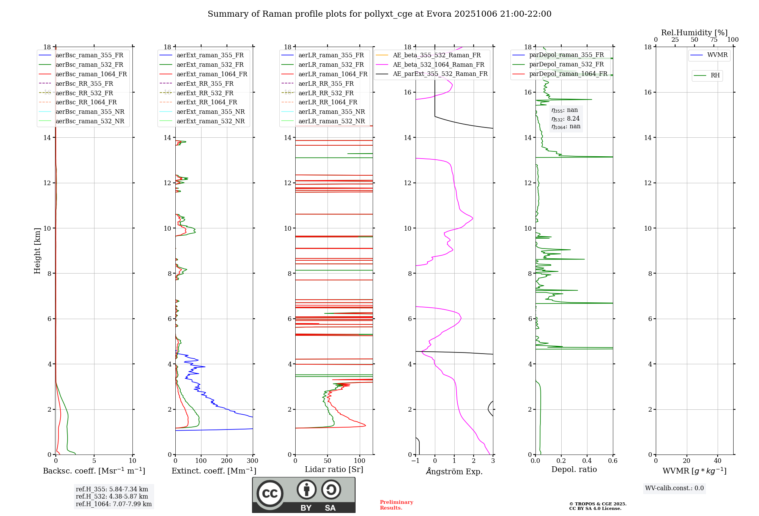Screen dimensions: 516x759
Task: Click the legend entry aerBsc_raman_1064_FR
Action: point(91,74)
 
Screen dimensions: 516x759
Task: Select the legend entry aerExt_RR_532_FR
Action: point(205,93)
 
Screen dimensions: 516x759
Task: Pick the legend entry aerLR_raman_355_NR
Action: point(331,112)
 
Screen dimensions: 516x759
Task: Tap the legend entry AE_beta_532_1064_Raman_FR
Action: point(438,64)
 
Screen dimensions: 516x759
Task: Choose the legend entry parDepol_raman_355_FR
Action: point(566,55)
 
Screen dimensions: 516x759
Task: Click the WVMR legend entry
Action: point(717,55)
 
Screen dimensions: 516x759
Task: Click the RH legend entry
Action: point(715,76)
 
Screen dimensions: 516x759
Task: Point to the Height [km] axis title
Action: point(37,250)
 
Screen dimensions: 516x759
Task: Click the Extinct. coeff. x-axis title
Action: point(214,471)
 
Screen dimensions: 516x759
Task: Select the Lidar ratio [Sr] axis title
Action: point(334,469)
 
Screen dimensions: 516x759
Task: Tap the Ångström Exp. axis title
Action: point(454,471)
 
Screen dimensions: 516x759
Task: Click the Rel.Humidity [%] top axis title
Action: point(694,33)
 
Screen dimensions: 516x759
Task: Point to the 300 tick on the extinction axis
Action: point(252,461)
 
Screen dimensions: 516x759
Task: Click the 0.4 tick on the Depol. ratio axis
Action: point(587,461)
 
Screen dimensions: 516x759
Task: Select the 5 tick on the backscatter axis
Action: point(94,461)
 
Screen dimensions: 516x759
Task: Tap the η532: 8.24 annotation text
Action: point(565,118)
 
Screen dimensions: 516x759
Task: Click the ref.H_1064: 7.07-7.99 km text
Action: point(113,504)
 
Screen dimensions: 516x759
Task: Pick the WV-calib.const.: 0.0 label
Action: point(674,488)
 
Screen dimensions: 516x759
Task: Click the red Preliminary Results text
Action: point(396,505)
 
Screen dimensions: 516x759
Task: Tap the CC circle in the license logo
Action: point(270,493)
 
